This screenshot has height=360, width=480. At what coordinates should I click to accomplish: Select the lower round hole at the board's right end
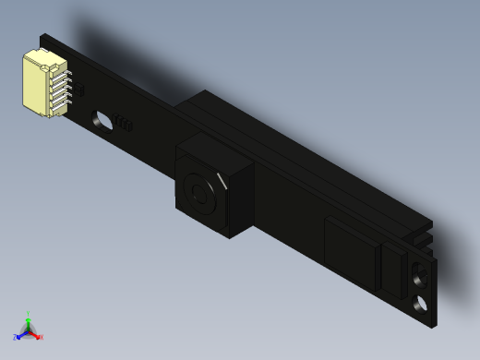pyautogui.click(x=422, y=304)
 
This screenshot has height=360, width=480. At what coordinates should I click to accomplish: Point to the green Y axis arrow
pyautogui.click(x=29, y=318)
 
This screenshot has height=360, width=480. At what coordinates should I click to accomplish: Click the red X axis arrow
pyautogui.click(x=37, y=335)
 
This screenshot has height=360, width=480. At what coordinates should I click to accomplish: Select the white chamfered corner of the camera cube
pyautogui.click(x=222, y=177)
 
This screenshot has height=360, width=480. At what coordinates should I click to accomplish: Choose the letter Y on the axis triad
pyautogui.click(x=29, y=313)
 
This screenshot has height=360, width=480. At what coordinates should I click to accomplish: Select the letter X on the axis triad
pyautogui.click(x=42, y=337)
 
